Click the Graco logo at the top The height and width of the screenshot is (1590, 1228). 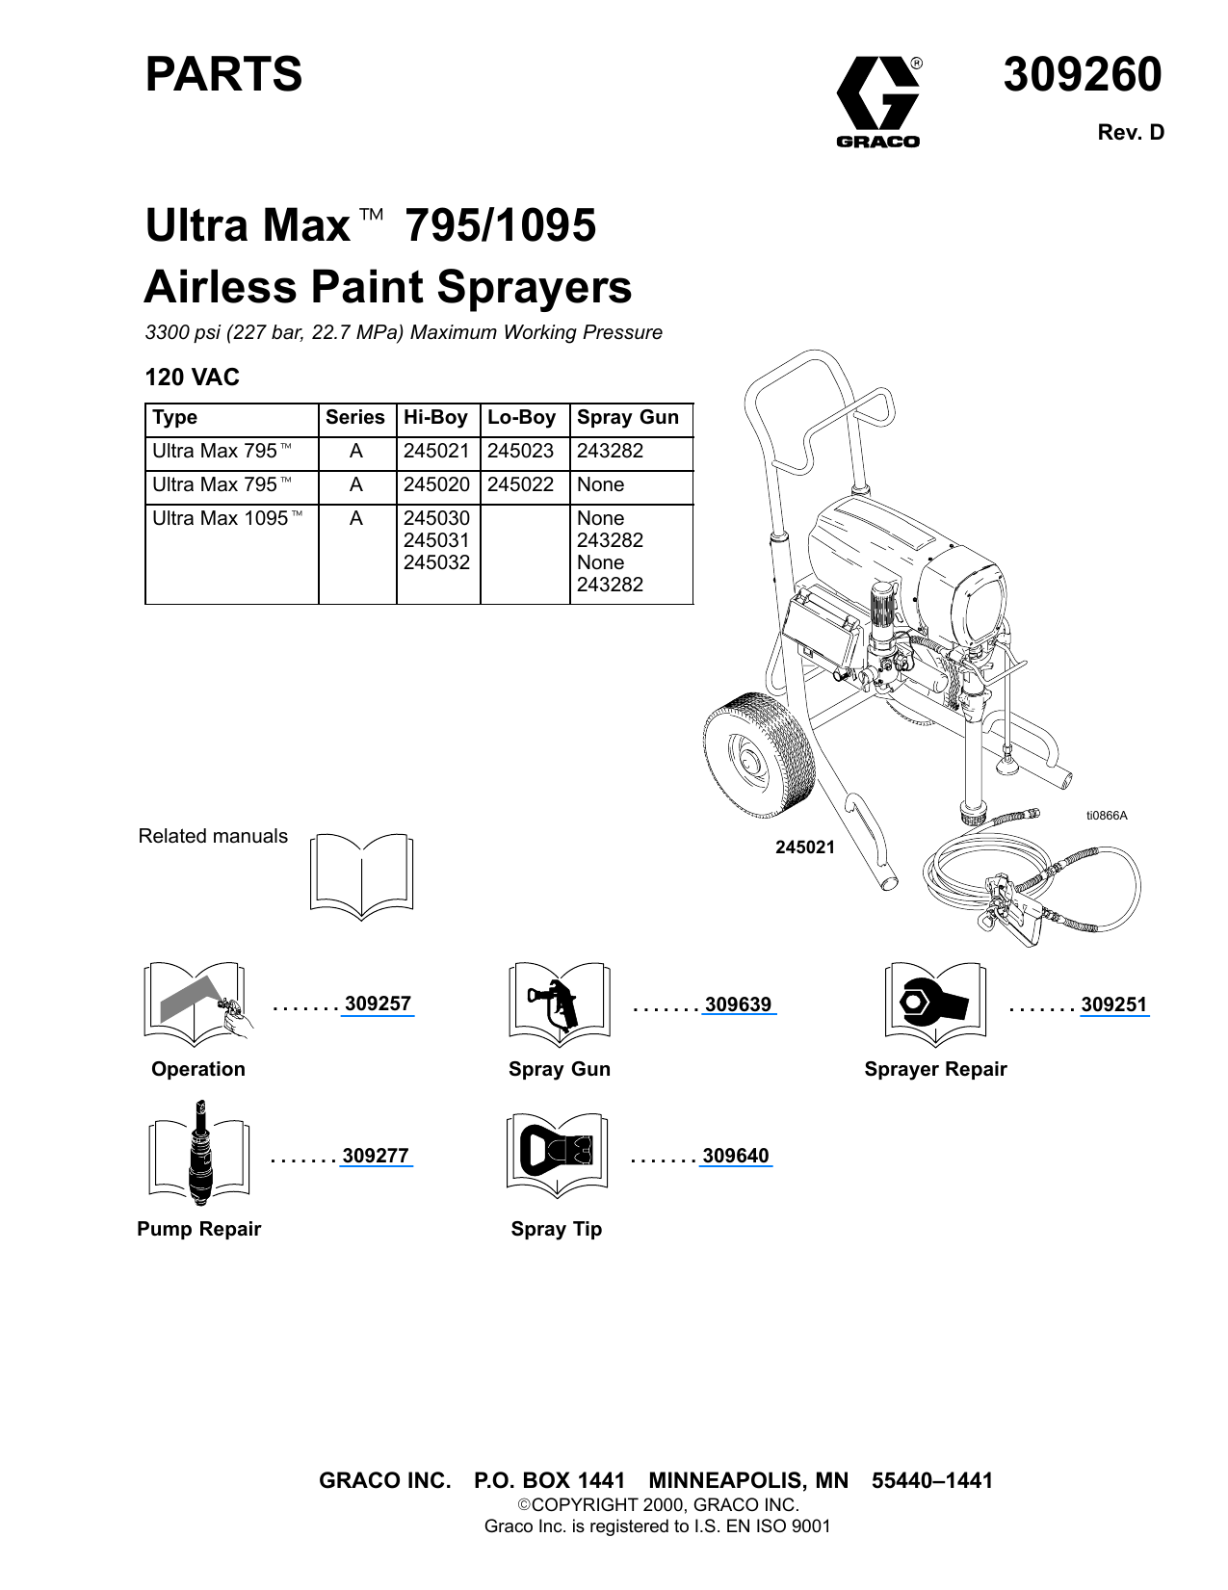(877, 101)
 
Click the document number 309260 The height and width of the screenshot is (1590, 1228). (1082, 75)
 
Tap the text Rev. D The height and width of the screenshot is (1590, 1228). (1131, 133)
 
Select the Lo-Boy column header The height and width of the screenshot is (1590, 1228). (521, 418)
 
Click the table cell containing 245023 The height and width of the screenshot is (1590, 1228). (521, 451)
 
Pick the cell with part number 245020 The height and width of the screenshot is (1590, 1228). (436, 484)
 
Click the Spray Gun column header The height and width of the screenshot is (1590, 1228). (628, 418)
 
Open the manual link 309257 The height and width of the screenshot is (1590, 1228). (378, 1004)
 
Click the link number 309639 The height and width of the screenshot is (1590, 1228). (738, 1004)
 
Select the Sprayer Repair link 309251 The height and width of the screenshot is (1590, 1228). (1113, 1004)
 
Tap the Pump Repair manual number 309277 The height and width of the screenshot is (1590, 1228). (376, 1156)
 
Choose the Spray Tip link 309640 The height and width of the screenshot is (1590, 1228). (736, 1156)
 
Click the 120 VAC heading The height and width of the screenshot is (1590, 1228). (192, 378)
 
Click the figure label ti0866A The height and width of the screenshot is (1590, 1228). (1106, 816)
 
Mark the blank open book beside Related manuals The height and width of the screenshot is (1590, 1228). (361, 874)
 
